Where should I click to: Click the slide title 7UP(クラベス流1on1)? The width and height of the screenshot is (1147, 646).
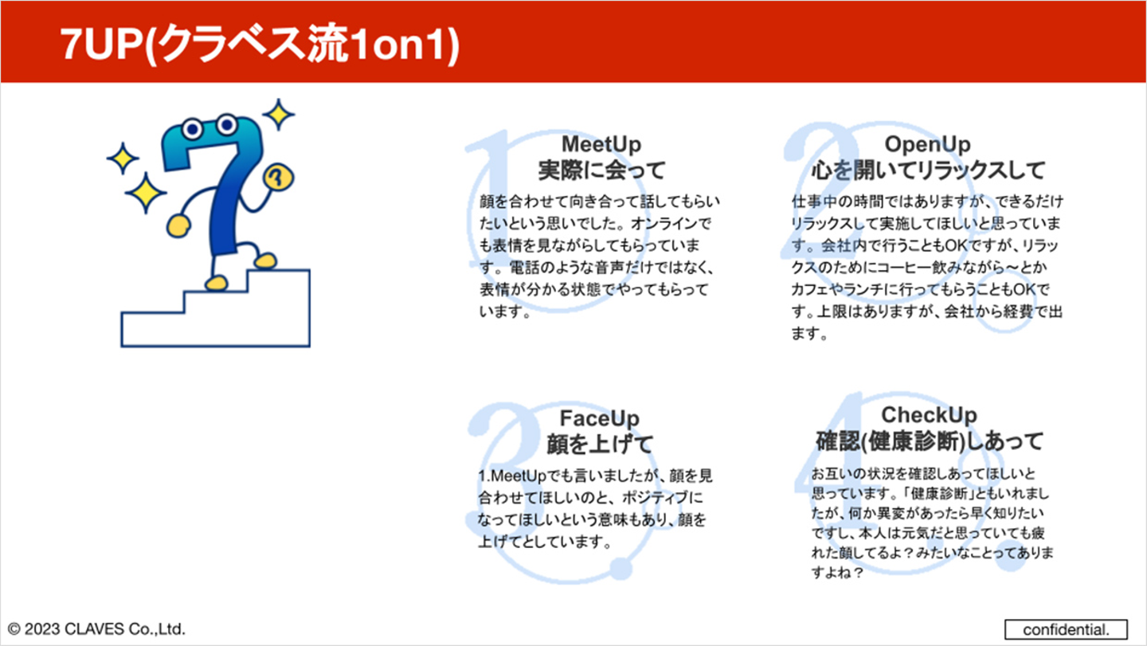[260, 44]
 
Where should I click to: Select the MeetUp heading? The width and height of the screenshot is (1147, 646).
[601, 144]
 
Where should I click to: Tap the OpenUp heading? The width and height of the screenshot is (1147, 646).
[927, 144]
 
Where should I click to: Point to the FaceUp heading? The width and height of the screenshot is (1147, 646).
[600, 418]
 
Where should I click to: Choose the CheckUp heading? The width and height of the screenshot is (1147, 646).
[929, 415]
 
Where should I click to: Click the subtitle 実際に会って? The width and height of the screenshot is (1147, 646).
[601, 170]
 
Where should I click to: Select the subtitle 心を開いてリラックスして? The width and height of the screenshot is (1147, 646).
[928, 170]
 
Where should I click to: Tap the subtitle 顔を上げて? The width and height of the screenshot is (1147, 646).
[600, 444]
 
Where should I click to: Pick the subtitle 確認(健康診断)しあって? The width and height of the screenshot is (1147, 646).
[929, 441]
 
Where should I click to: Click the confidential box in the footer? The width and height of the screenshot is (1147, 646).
[1066, 629]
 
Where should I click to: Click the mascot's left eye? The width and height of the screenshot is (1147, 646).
[193, 129]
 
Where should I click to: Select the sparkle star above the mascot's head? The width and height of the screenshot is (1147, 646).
[279, 114]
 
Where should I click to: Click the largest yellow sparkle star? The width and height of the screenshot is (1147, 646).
[146, 193]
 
